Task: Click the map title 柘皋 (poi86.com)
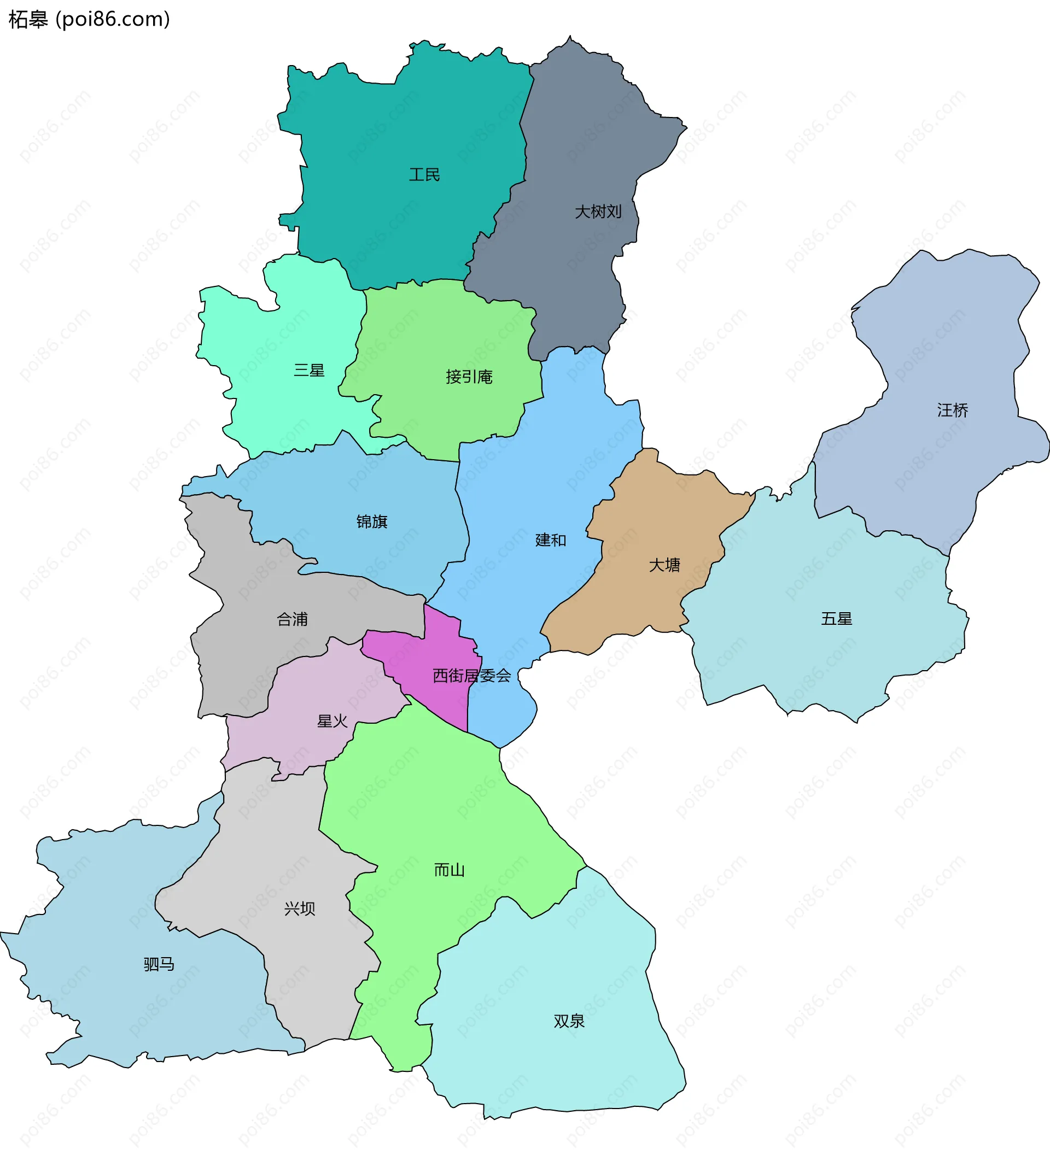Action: point(89,20)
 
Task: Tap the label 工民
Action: point(424,175)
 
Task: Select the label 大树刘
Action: point(598,212)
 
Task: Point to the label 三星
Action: point(309,371)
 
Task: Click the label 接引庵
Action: point(469,377)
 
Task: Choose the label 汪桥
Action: point(953,410)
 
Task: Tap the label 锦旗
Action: point(372,522)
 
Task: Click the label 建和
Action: point(550,540)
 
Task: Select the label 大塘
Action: point(664,565)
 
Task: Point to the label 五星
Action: point(836,619)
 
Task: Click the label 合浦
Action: point(292,619)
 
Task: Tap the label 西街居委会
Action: point(471,676)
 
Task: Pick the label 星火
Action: point(332,722)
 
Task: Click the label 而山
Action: point(449,870)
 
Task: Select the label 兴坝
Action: point(299,908)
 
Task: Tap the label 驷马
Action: point(159,965)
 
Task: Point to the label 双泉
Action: point(569,1021)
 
